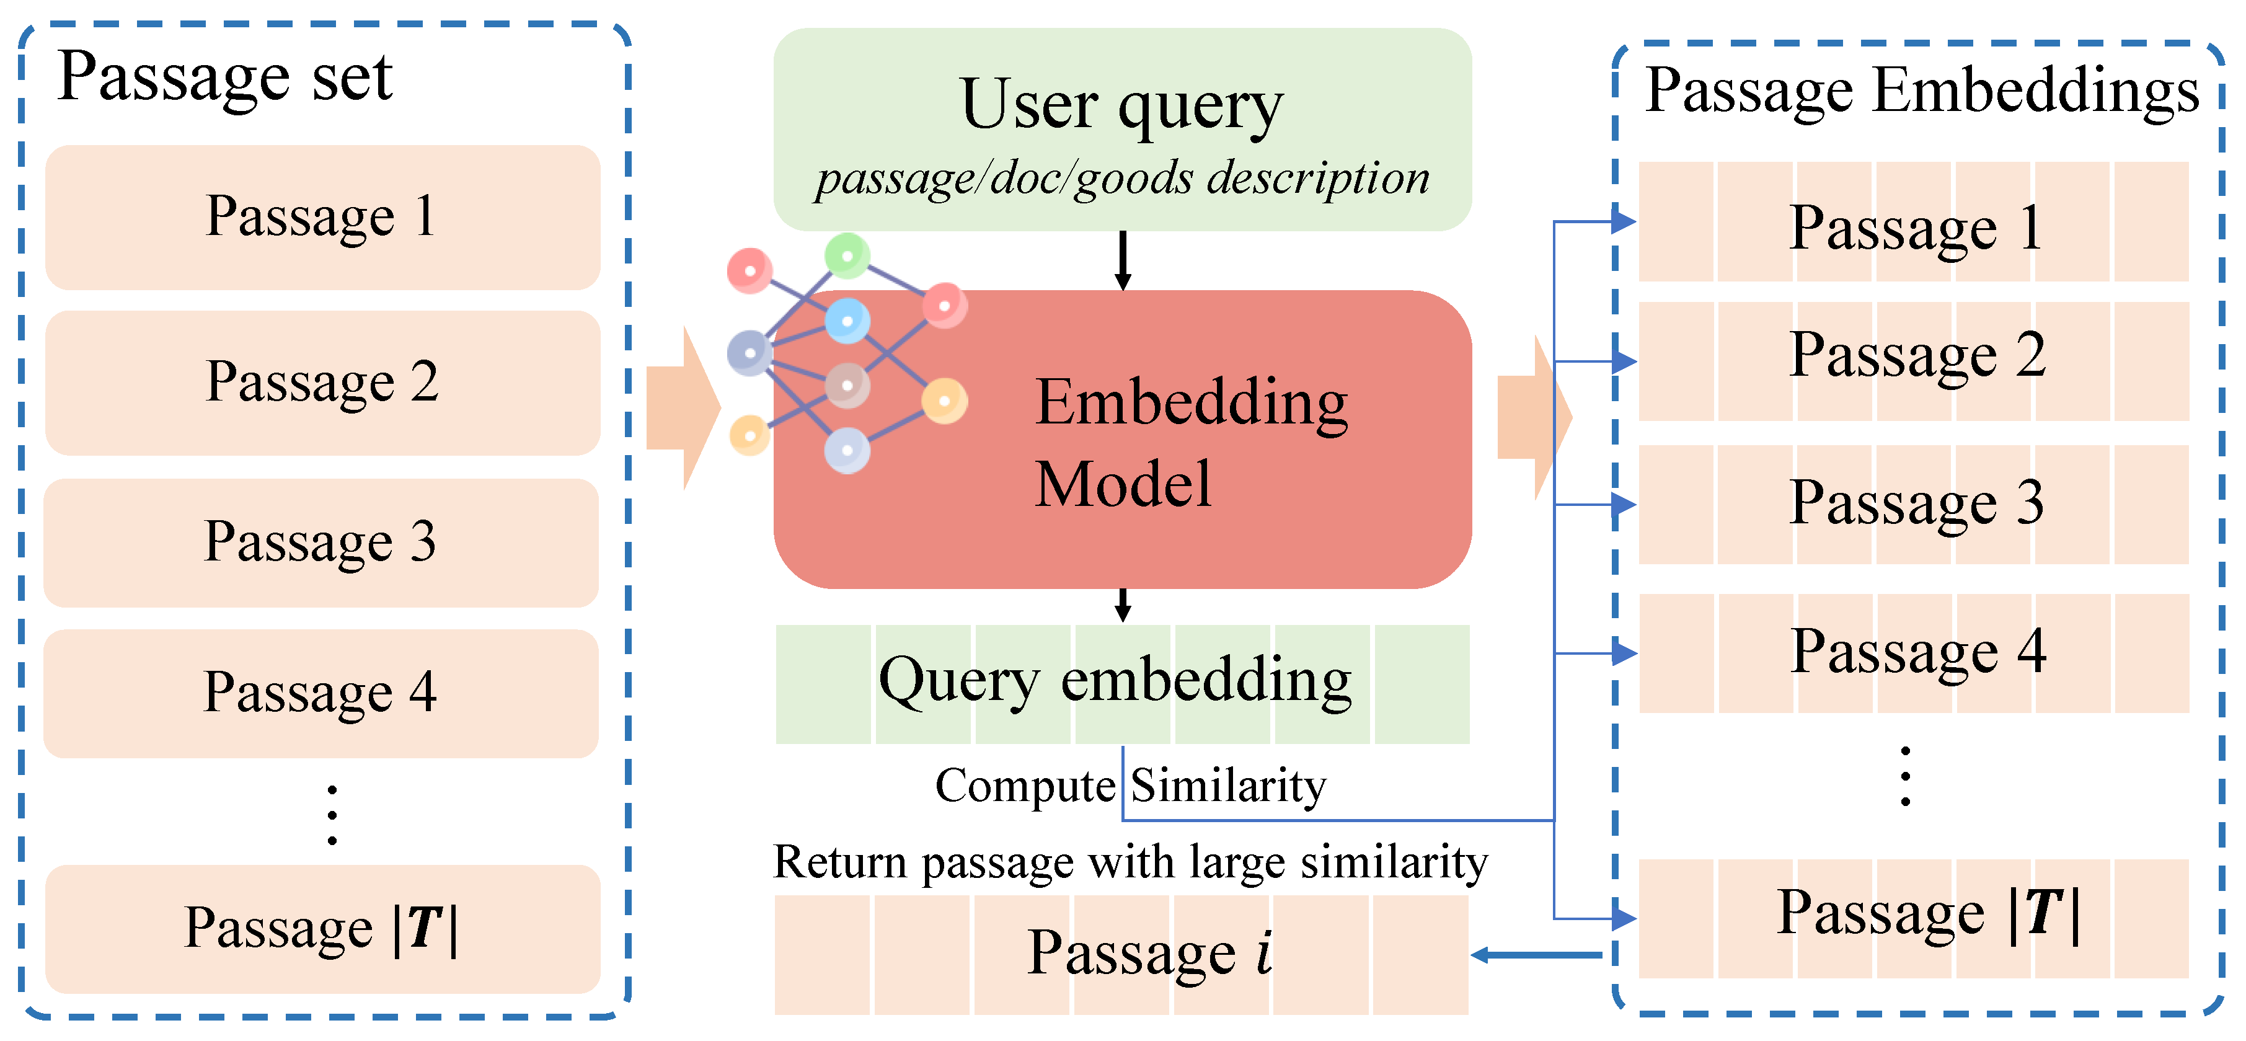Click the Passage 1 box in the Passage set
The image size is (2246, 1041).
pyautogui.click(x=322, y=216)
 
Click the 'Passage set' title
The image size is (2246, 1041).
pyautogui.click(x=225, y=77)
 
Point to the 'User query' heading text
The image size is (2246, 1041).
pyautogui.click(x=1121, y=105)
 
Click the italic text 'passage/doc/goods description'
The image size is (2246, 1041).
pyautogui.click(x=1121, y=179)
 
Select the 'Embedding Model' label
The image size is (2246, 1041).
pyautogui.click(x=1190, y=442)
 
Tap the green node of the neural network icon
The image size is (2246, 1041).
pyautogui.click(x=847, y=255)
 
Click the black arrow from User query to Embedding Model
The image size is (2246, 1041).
pyautogui.click(x=1123, y=260)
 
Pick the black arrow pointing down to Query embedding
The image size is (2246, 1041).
pyautogui.click(x=1123, y=605)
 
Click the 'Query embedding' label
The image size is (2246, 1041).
pyautogui.click(x=1115, y=681)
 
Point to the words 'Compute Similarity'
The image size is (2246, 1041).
pyautogui.click(x=1130, y=786)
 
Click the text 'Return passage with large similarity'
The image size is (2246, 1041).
pyautogui.click(x=1130, y=862)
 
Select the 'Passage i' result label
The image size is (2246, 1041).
pyautogui.click(x=1149, y=952)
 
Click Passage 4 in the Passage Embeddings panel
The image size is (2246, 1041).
pyautogui.click(x=1916, y=651)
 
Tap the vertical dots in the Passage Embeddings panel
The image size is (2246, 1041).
pyautogui.click(x=1906, y=776)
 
